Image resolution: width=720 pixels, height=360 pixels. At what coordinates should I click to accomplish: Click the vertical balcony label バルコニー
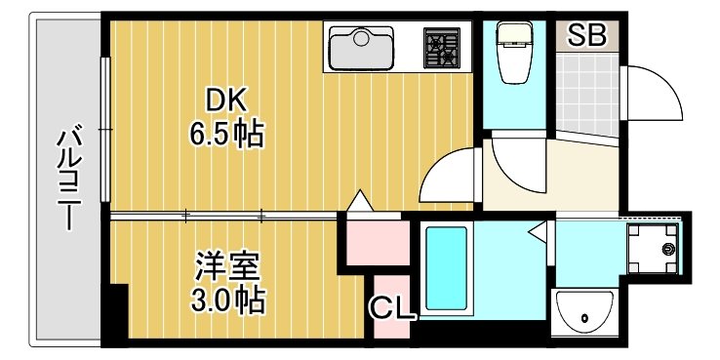coord(67,177)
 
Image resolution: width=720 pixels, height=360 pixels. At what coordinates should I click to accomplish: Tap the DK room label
coord(226,100)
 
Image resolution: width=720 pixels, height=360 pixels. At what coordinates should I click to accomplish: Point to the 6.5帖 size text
coord(226,134)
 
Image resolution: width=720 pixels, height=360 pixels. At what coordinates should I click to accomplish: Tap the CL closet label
coord(392,309)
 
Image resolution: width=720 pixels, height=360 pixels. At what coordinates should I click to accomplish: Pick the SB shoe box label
coord(587,36)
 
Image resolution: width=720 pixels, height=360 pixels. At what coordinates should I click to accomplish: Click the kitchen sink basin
coord(360,46)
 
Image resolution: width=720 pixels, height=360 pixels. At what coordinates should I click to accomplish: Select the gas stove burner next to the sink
coord(441,46)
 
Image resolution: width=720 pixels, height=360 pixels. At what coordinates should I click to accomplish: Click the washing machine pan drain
coord(667,250)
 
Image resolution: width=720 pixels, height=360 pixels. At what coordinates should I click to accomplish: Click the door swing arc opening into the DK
coord(449,176)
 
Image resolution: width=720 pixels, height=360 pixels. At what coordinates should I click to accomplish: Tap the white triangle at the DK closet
coord(359,202)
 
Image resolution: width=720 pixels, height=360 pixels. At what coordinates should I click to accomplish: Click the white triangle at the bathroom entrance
coord(536,231)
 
